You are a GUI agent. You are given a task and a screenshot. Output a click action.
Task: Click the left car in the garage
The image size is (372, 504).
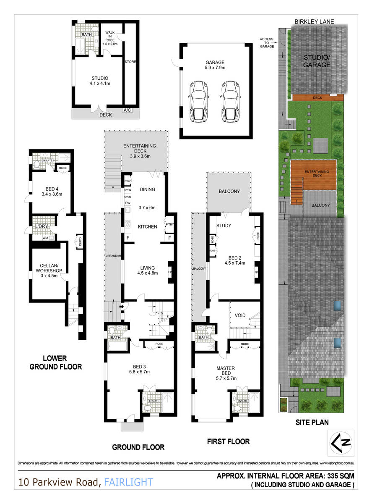[198, 100]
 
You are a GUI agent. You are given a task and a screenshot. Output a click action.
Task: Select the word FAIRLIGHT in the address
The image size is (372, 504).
[128, 482]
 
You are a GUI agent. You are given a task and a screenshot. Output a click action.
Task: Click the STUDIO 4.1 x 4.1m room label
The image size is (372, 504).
[100, 81]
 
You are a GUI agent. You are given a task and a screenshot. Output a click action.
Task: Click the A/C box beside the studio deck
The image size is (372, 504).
[127, 110]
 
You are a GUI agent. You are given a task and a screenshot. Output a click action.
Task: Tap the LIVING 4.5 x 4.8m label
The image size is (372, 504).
[147, 270]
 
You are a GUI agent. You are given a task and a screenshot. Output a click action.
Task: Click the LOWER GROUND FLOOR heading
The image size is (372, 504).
[55, 362]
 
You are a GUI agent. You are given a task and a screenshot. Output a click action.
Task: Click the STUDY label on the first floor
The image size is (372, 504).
[224, 226]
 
